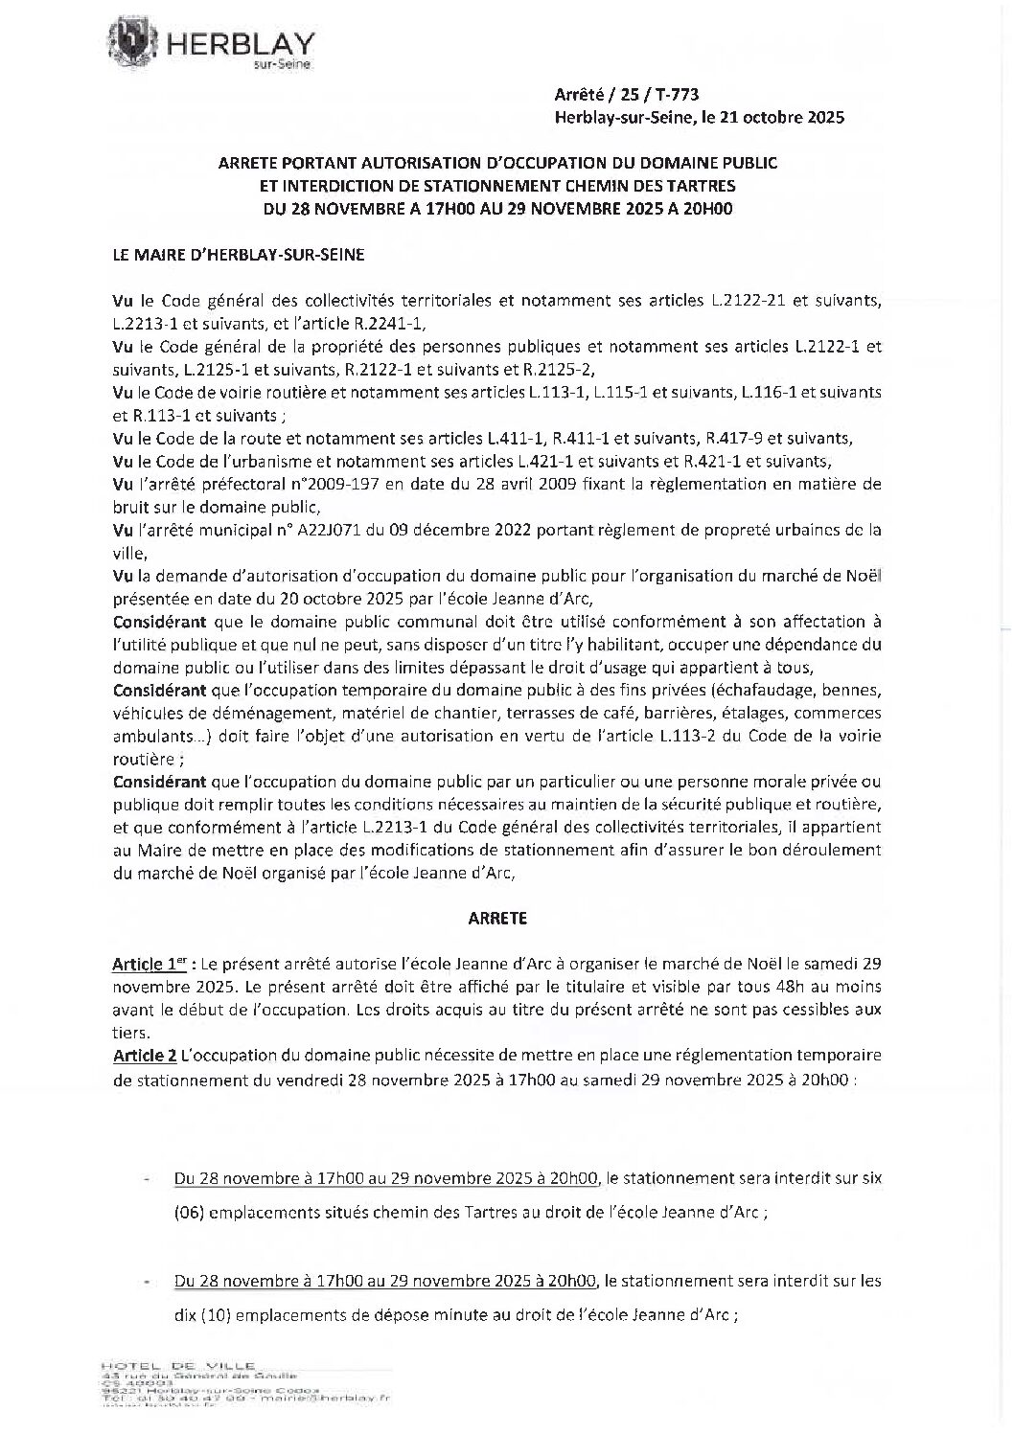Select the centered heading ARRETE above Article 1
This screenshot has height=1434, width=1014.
point(497,918)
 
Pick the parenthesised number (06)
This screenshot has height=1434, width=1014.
point(190,1212)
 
